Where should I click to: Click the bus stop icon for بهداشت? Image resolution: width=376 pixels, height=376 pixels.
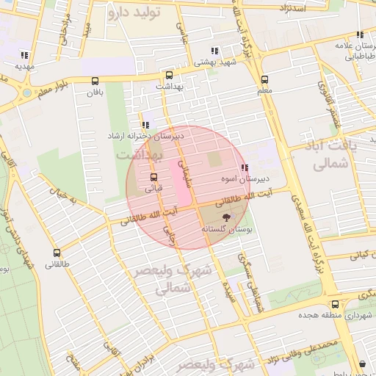click(x=170, y=75)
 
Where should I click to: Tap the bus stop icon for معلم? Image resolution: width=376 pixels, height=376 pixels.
click(x=264, y=80)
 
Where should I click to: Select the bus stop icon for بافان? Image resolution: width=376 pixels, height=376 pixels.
click(x=95, y=82)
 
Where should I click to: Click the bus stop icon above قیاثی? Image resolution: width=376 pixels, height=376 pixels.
click(x=153, y=177)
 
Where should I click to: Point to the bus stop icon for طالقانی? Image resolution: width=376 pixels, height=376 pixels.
click(x=57, y=253)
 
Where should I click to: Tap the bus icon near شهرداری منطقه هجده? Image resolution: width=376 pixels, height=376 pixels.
click(x=335, y=304)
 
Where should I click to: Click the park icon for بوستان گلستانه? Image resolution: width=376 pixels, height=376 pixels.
click(x=225, y=217)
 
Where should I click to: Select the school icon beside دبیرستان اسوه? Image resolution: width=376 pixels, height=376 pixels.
click(x=244, y=167)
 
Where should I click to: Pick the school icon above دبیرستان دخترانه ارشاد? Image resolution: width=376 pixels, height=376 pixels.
click(x=145, y=125)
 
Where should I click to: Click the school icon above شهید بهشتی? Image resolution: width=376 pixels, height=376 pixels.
click(x=214, y=51)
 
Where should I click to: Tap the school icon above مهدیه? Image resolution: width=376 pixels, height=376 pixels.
click(x=24, y=54)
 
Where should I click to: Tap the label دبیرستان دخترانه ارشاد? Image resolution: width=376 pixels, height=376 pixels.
click(x=145, y=137)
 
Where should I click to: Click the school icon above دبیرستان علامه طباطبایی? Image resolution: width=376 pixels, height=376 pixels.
click(x=360, y=35)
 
